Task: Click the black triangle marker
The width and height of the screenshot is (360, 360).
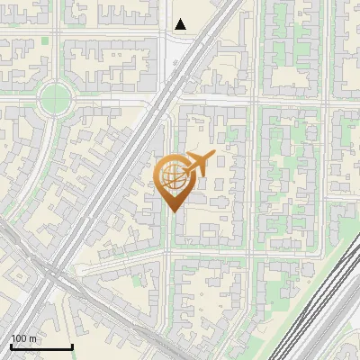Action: pyautogui.click(x=181, y=24)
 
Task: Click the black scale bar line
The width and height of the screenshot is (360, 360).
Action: pyautogui.click(x=41, y=347)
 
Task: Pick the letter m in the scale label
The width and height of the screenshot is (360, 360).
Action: pyautogui.click(x=32, y=339)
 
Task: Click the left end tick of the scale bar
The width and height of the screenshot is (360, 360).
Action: pyautogui.click(x=11, y=346)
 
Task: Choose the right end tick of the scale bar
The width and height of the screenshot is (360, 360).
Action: pyautogui.click(x=72, y=346)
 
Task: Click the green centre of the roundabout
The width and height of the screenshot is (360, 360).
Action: pyautogui.click(x=56, y=97)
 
